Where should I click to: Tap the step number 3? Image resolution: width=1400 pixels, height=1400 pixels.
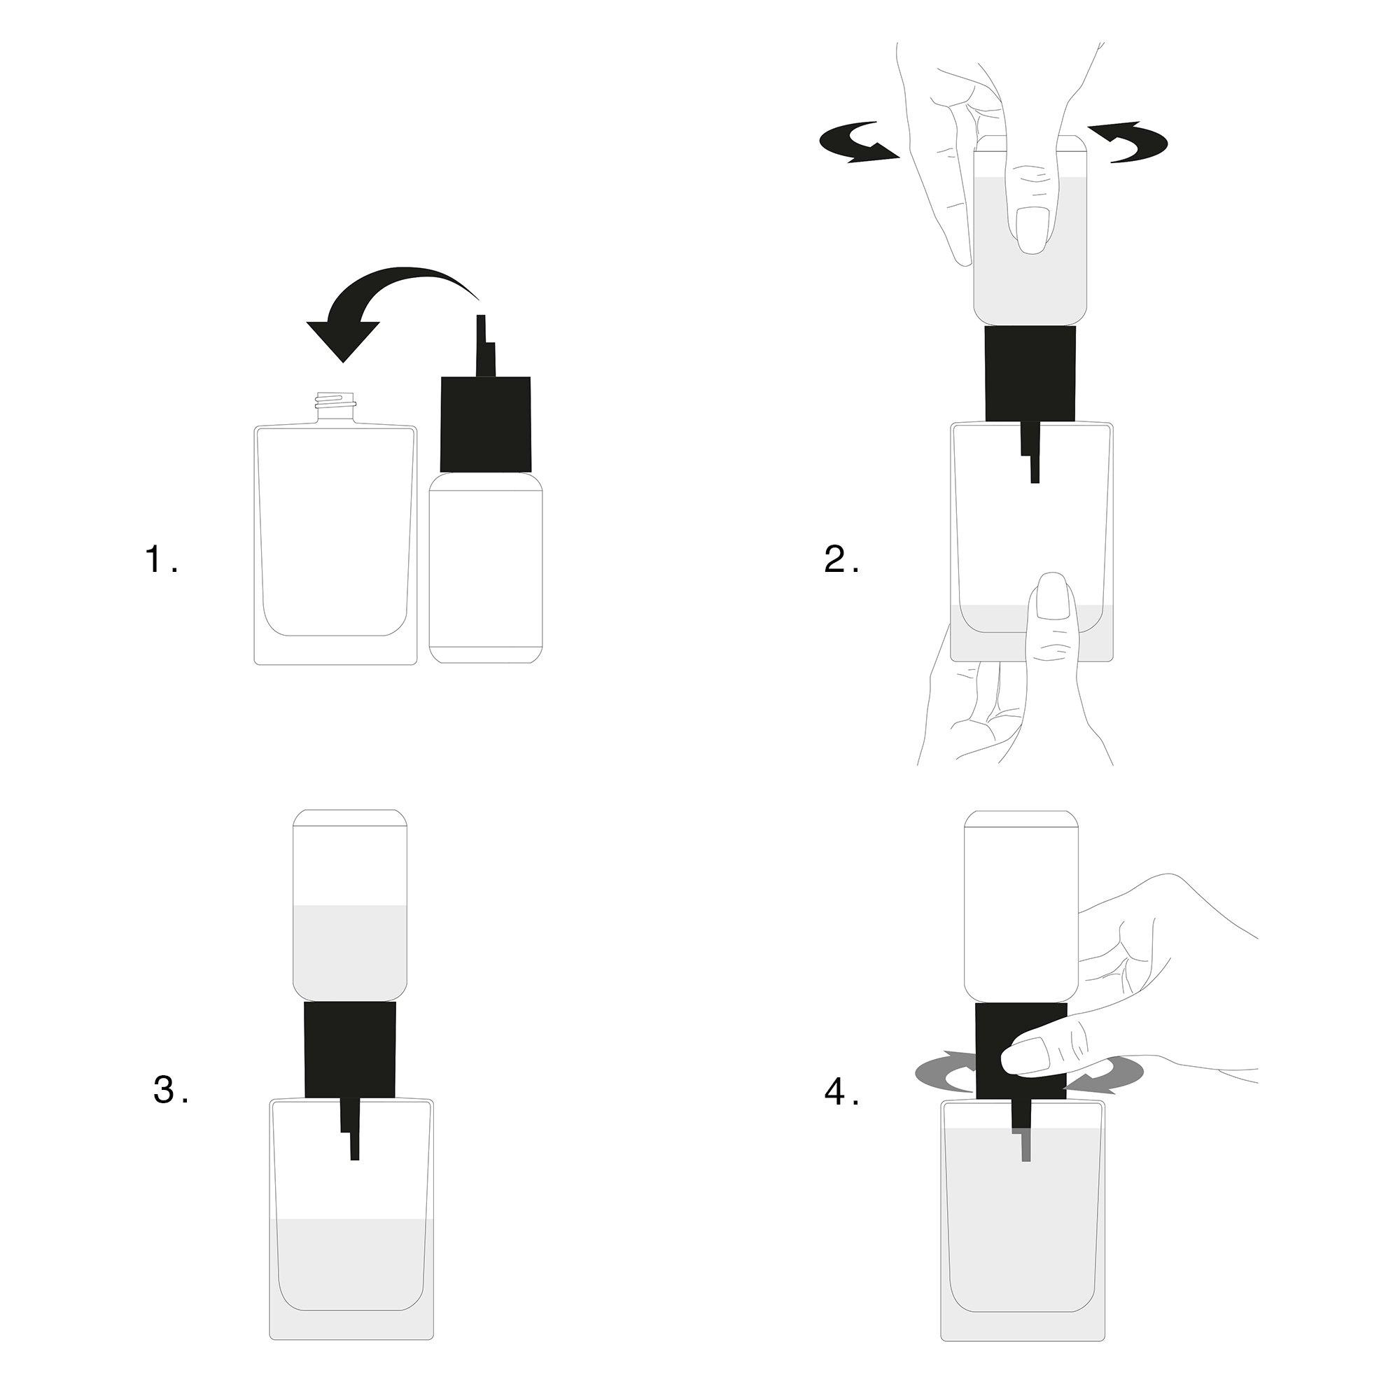pos(166,1110)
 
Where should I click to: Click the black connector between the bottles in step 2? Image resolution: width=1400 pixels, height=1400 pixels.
pos(1030,372)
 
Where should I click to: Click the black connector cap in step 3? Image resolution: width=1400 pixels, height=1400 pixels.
pos(351,1050)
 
